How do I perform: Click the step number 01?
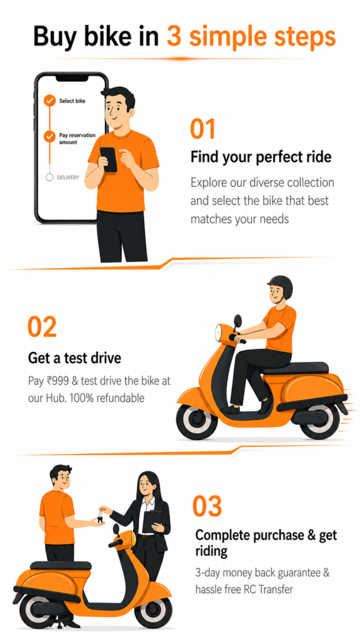coord(202,129)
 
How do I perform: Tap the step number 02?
coord(42,327)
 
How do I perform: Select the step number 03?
coord(207,506)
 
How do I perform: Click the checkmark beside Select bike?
coord(50,101)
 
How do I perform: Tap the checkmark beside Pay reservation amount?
coord(50,137)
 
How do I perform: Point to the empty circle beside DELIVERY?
coord(50,177)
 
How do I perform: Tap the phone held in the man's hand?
coord(109,159)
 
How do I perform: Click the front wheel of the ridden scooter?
coord(197,421)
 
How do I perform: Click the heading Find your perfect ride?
coord(261,157)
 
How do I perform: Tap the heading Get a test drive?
coord(74,358)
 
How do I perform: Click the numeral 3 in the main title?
coord(174,36)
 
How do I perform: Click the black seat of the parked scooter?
coord(61,565)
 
